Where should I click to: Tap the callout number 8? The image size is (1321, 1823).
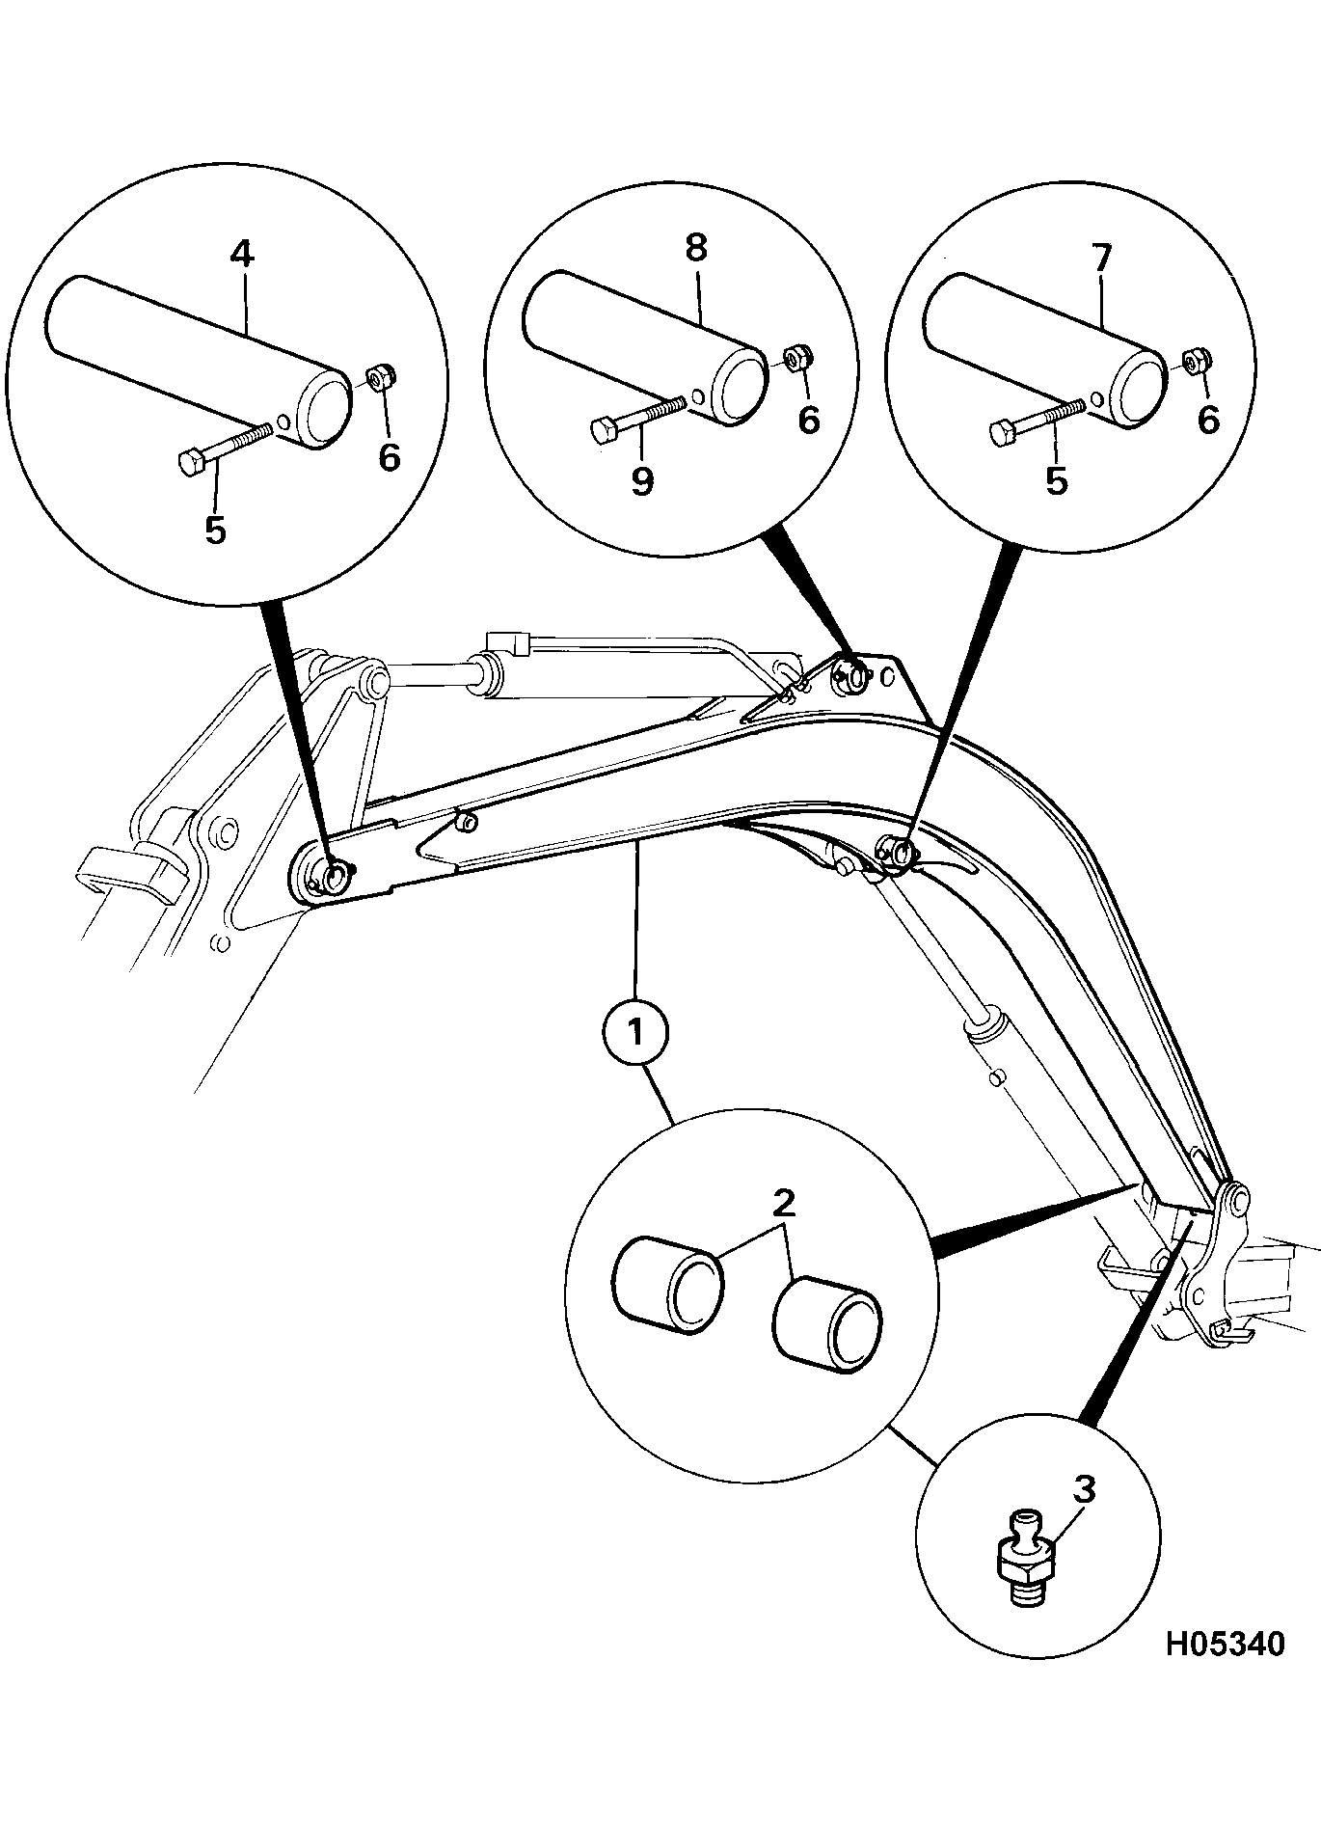695,247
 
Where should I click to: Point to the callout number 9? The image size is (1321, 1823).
642,479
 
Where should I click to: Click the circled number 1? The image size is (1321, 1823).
635,1033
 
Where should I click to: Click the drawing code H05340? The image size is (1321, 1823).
1225,1644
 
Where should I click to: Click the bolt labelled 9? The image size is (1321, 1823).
636,417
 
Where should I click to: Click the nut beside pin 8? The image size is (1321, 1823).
796,358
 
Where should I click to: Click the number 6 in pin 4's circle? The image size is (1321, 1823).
389,457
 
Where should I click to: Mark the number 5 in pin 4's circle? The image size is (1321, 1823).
215,529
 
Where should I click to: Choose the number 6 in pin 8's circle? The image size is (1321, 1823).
808,420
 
